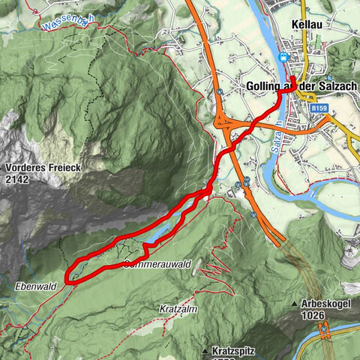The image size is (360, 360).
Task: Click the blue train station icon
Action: click(x=283, y=57)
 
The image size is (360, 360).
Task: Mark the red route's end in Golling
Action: click(x=292, y=79)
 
